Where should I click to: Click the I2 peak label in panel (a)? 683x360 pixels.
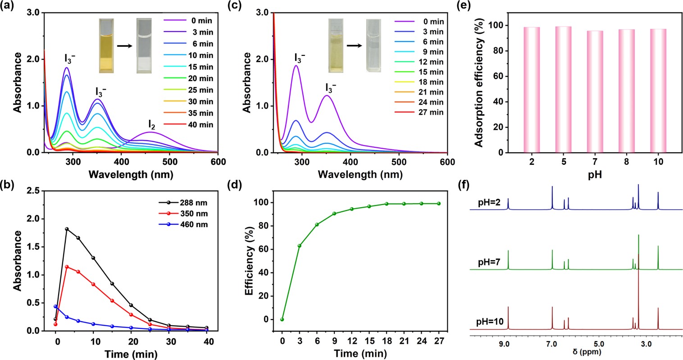pos(151,123)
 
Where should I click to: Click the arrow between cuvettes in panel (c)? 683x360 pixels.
pos(356,46)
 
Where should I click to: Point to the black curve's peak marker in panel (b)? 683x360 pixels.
pos(67,229)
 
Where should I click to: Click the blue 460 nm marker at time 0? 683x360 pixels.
pos(55,306)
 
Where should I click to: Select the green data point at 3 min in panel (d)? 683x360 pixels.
pos(299,246)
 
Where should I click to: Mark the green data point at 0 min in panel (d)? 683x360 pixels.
pos(282,319)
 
